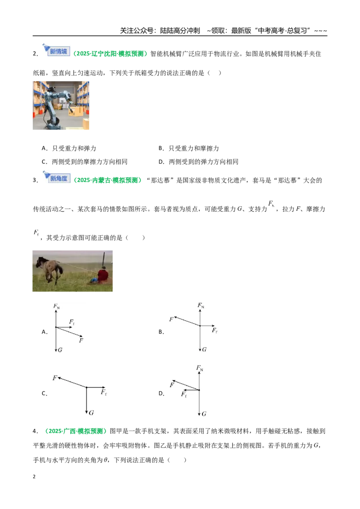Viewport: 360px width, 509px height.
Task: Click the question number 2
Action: pyautogui.click(x=36, y=54)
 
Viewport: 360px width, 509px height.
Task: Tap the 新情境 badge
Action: pyautogui.click(x=57, y=50)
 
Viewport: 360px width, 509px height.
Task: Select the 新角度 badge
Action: pyautogui.click(x=57, y=177)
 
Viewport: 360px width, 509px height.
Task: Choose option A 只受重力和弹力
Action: pyautogui.click(x=69, y=148)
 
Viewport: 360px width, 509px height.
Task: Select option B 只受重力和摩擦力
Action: pyautogui.click(x=189, y=148)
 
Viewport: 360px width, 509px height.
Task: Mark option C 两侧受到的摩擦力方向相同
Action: pyautogui.click(x=85, y=162)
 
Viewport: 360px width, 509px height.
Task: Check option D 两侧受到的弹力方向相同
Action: pyautogui.click(x=198, y=162)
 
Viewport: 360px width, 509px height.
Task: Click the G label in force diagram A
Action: pyautogui.click(x=60, y=350)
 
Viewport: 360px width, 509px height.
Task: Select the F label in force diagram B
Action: pyautogui.click(x=171, y=319)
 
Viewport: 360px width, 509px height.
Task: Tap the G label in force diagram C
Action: pyautogui.click(x=91, y=413)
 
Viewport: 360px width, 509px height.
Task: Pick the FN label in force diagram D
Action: pyautogui.click(x=199, y=368)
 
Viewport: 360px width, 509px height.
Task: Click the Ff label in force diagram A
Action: pyautogui.click(x=72, y=321)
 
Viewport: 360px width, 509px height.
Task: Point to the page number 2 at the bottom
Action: pyautogui.click(x=34, y=477)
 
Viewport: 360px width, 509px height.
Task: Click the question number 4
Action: pyautogui.click(x=36, y=431)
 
